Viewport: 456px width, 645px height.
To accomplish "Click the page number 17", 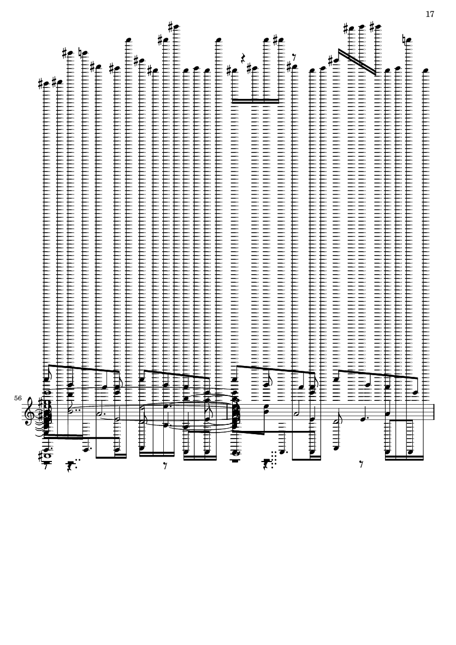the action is [430, 14].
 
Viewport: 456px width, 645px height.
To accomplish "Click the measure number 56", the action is [18, 398].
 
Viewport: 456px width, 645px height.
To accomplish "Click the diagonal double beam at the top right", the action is [357, 62].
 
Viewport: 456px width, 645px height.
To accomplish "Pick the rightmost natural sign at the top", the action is [405, 40].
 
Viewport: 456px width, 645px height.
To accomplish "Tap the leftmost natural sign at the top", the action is [81, 53].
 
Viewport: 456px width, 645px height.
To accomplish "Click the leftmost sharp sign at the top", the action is [41, 84].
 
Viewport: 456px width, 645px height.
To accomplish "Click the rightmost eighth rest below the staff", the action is [361, 465].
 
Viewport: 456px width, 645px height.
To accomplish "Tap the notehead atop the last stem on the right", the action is [426, 70].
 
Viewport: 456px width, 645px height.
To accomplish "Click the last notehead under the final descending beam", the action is [415, 393].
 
